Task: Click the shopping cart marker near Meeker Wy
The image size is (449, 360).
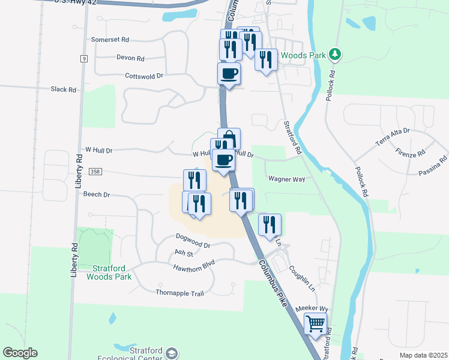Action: tap(315, 324)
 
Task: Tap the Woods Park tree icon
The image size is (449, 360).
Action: tap(336, 55)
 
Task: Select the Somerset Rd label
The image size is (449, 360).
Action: tap(110, 40)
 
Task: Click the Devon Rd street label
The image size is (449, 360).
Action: tap(130, 58)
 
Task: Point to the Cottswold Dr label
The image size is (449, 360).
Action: tap(144, 76)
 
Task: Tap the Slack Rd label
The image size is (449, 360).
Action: tap(64, 89)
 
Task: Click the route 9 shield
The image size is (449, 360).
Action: tap(84, 58)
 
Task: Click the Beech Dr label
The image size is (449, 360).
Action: tap(97, 194)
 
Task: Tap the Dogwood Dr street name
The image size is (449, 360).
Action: tap(193, 245)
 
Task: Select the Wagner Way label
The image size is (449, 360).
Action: tap(287, 179)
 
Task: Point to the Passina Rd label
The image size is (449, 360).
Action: tap(434, 166)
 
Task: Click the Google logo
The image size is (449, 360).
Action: tap(20, 353)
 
